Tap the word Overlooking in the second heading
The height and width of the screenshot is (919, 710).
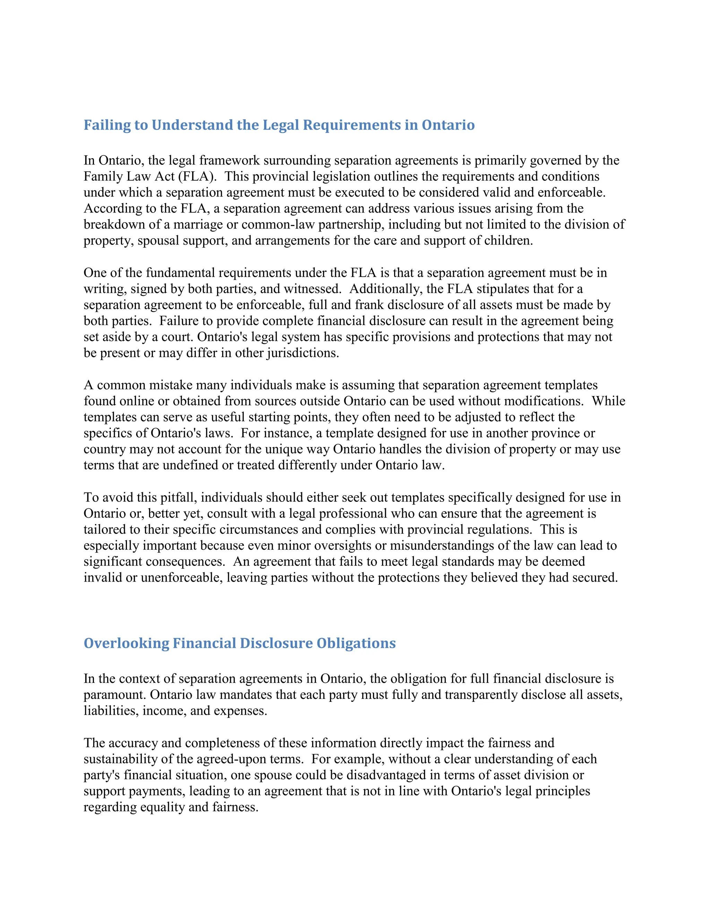click(126, 643)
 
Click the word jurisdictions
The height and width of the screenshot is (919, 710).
click(303, 353)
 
